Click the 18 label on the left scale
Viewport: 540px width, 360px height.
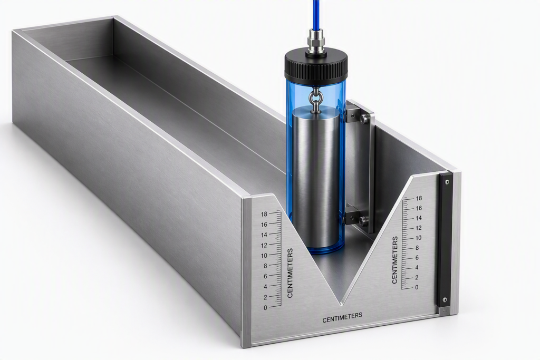[x=264, y=215]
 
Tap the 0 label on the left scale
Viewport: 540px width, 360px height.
[x=265, y=308]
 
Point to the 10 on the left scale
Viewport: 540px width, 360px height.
[x=264, y=256]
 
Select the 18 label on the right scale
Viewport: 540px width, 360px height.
[x=419, y=198]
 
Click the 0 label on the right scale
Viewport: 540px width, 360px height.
[x=417, y=287]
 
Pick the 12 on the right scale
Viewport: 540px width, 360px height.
[x=419, y=228]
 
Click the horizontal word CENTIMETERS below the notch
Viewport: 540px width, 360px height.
[x=342, y=317]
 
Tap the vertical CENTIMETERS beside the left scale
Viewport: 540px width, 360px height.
[x=290, y=273]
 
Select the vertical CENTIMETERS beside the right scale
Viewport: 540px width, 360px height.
[x=394, y=260]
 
